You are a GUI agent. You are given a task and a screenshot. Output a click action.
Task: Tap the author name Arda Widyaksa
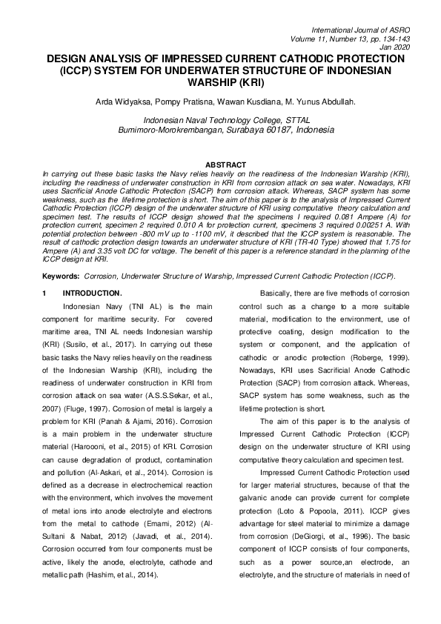[x=122, y=102]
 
